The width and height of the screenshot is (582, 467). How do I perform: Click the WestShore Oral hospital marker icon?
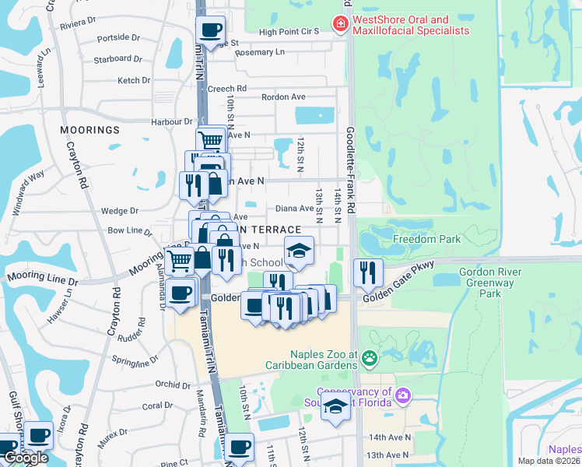click(x=339, y=25)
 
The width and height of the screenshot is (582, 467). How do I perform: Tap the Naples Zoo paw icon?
click(x=370, y=359)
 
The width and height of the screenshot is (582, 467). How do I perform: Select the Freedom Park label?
click(x=427, y=239)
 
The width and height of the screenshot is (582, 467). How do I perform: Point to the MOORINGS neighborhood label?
click(x=93, y=129)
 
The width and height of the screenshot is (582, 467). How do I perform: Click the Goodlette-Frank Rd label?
click(x=351, y=170)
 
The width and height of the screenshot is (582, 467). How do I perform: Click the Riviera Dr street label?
click(x=78, y=23)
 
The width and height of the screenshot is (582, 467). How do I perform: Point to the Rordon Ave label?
click(x=283, y=97)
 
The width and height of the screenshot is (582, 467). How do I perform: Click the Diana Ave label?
click(x=295, y=208)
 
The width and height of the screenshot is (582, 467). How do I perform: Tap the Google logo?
click(x=26, y=458)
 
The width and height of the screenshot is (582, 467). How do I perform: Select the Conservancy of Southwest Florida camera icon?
click(x=402, y=395)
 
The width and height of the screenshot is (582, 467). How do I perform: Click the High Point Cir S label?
click(x=289, y=31)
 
